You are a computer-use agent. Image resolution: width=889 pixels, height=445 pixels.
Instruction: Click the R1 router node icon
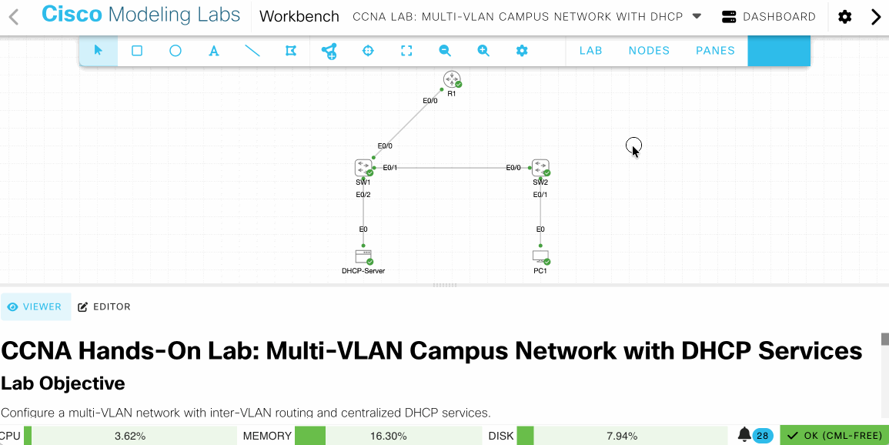451,79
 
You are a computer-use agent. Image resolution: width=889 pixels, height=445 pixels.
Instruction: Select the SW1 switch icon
363,167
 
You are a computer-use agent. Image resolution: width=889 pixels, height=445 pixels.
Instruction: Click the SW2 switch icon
540,167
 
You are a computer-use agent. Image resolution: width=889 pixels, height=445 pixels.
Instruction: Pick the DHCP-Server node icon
363,256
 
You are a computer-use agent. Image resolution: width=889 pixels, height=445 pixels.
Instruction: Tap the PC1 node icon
540,256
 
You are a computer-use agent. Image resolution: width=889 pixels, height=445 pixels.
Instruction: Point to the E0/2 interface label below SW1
363,195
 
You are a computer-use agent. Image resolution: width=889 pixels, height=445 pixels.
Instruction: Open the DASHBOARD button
769,17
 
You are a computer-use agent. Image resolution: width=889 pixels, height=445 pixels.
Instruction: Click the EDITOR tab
105,306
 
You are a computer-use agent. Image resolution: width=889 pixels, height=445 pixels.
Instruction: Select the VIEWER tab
35,306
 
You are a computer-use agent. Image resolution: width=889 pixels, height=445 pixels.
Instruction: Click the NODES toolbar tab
649,51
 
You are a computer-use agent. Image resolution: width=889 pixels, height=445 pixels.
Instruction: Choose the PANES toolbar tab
715,51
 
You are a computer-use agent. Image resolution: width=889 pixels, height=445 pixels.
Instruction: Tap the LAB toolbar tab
590,51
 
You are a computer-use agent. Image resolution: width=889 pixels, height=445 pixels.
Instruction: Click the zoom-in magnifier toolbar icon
483,51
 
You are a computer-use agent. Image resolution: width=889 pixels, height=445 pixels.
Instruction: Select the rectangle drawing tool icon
137,51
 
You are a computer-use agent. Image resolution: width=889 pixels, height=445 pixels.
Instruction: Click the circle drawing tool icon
175,51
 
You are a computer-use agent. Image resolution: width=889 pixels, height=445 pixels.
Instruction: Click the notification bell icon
744,435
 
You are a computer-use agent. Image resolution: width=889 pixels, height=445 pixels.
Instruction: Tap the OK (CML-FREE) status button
834,435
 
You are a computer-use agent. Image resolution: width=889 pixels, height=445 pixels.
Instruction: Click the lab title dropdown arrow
697,16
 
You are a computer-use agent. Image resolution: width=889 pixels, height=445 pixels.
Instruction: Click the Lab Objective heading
63,383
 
